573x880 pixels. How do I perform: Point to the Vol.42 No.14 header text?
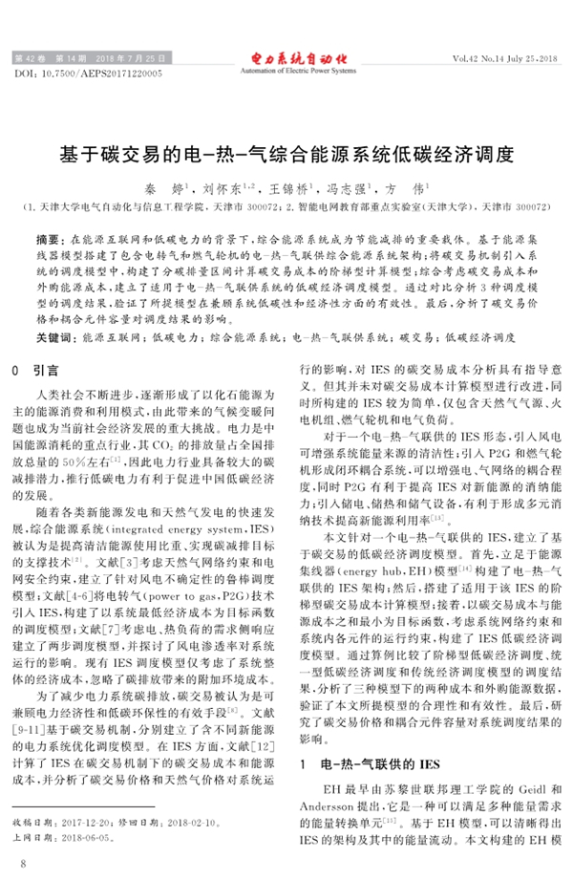click(496, 60)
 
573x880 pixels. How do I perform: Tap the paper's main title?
click(286, 153)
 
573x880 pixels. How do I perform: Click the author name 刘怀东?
click(226, 190)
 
